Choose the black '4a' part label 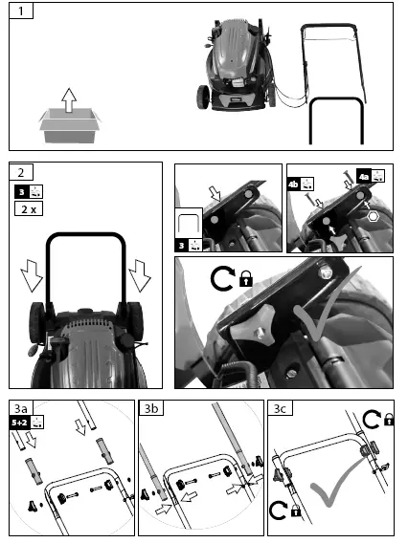365,175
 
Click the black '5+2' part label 19,421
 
